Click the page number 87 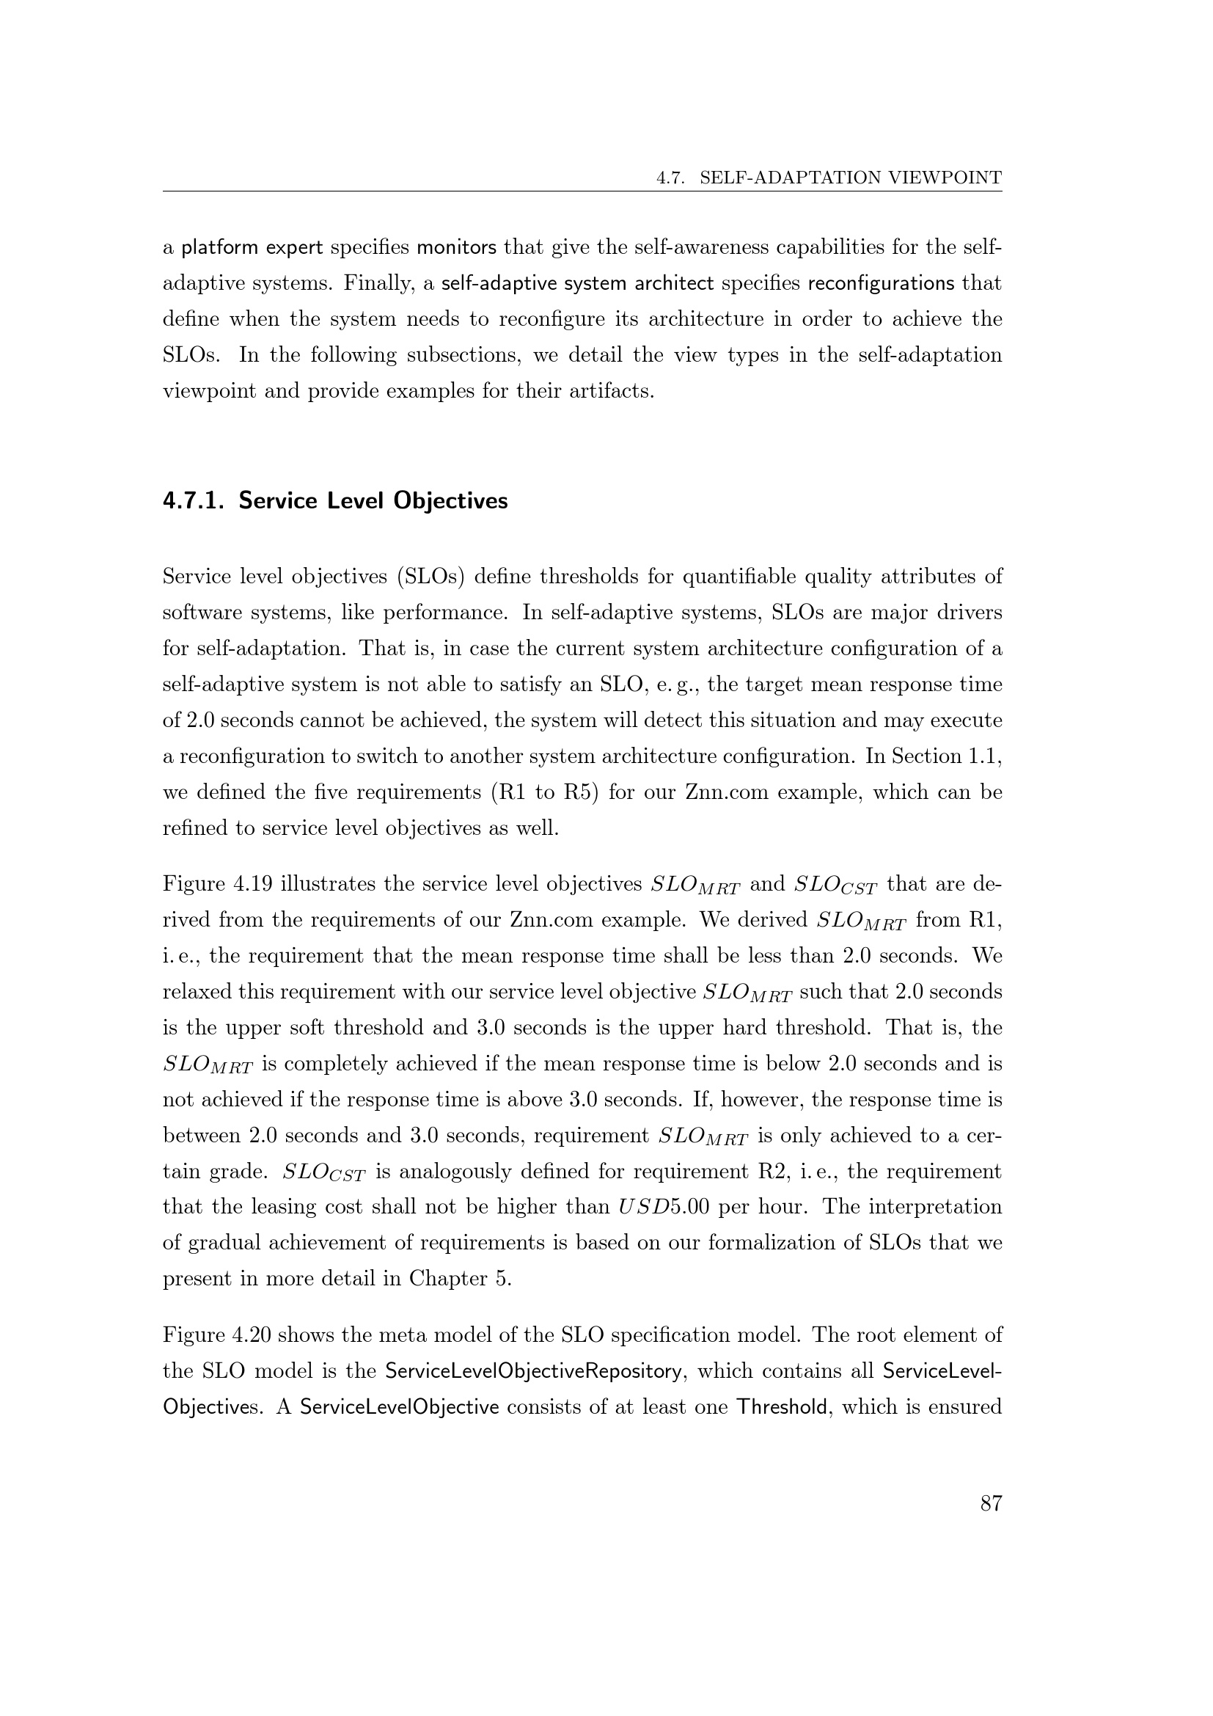pyautogui.click(x=990, y=1503)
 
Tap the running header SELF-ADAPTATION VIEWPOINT pyautogui.click(x=850, y=178)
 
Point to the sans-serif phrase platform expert pyautogui.click(x=252, y=247)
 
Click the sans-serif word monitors pyautogui.click(x=456, y=247)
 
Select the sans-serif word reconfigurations pyautogui.click(x=882, y=283)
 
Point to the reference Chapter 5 pyautogui.click(x=459, y=1279)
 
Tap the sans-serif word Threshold pyautogui.click(x=781, y=1407)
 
